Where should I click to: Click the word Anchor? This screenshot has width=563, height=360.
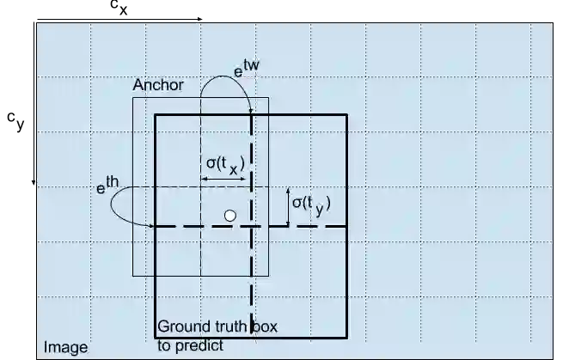click(x=157, y=87)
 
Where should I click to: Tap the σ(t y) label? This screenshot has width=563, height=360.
click(x=310, y=204)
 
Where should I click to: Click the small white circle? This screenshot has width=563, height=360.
click(x=229, y=216)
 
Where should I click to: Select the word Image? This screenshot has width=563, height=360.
click(x=65, y=348)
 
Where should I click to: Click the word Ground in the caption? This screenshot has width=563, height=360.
click(x=182, y=328)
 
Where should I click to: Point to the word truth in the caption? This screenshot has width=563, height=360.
click(x=228, y=328)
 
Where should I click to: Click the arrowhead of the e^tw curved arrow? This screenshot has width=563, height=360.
click(x=250, y=109)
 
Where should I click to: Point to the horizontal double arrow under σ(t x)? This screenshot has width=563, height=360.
click(x=225, y=179)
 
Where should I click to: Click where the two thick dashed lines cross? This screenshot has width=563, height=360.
click(x=250, y=226)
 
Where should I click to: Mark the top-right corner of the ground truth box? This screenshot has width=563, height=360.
click(x=346, y=114)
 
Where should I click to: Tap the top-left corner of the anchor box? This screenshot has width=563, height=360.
click(x=133, y=97)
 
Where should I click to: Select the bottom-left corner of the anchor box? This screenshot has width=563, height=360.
click(x=133, y=277)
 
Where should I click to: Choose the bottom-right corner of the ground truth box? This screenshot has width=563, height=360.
click(x=346, y=339)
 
